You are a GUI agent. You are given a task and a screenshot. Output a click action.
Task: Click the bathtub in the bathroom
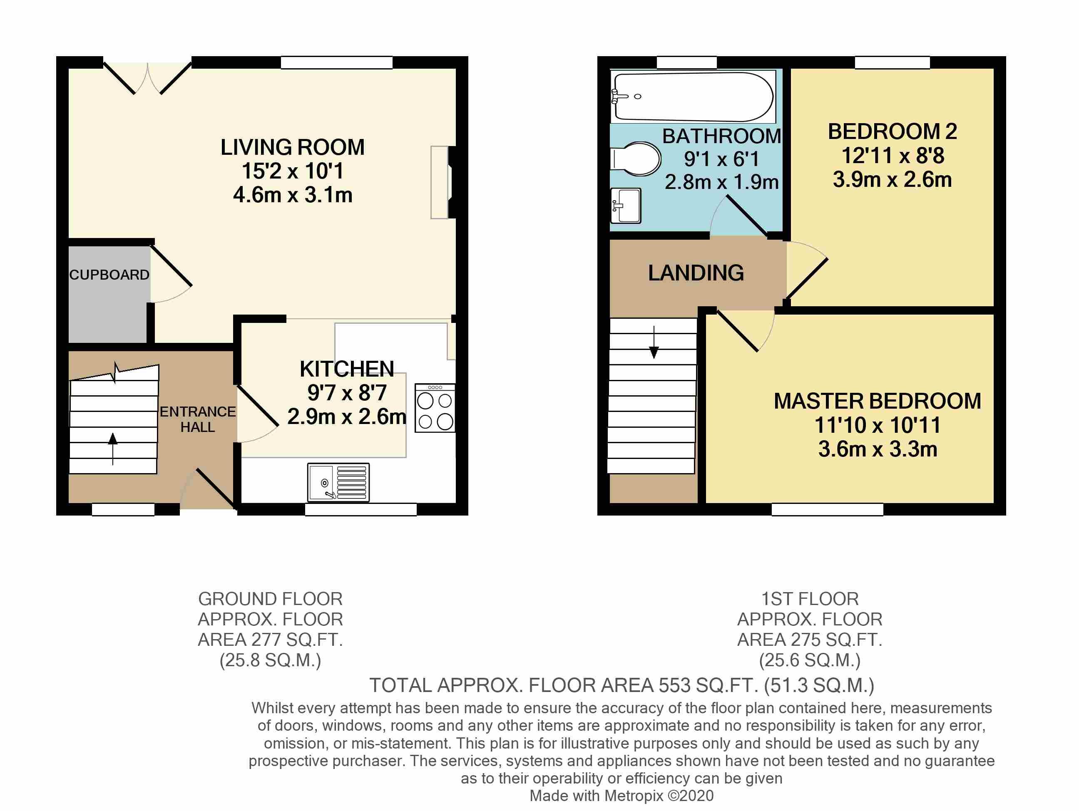[x=693, y=97]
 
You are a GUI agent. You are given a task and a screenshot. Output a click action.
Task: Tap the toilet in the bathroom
[x=636, y=159]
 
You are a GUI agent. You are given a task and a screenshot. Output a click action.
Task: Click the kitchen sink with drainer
[x=338, y=482]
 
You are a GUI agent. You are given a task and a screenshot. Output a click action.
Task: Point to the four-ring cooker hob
[x=435, y=408]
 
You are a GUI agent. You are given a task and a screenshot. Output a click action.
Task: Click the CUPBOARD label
[x=109, y=275]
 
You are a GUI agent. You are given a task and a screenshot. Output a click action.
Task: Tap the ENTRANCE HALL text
[x=198, y=419]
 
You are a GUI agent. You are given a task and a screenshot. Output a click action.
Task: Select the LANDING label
[x=696, y=273]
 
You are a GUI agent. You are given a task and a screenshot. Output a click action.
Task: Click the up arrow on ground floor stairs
[x=113, y=449]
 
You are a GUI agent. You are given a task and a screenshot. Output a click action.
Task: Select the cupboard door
[x=171, y=273]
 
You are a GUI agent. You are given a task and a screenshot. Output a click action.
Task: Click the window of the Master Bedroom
[x=827, y=510]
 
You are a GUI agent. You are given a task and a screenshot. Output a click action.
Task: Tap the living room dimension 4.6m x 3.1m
[x=293, y=195]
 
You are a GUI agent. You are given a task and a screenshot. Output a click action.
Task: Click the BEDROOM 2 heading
[x=892, y=131]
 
